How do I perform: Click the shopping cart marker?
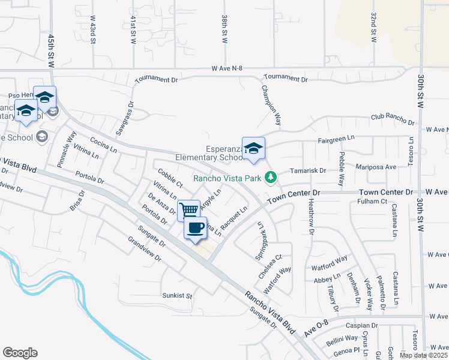point(189,210)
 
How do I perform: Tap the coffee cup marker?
point(195,228)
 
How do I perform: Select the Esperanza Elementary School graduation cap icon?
point(253,148)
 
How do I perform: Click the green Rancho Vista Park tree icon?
point(271,177)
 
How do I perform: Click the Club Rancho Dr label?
point(393,119)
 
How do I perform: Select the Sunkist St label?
point(177,296)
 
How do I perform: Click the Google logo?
point(20,353)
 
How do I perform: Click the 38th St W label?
point(224,30)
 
